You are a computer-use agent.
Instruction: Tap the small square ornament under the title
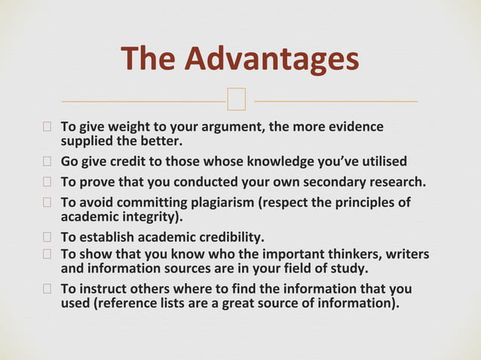pos(237,98)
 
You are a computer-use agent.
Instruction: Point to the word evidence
pos(352,127)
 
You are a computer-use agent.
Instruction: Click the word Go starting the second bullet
pos(70,161)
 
